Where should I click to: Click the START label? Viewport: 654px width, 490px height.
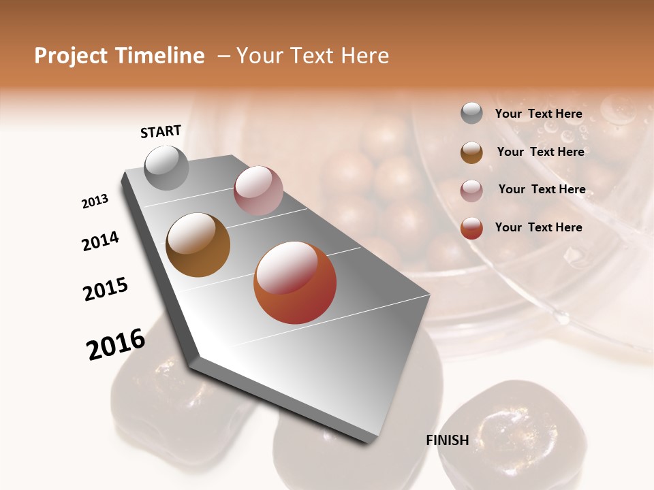click(161, 131)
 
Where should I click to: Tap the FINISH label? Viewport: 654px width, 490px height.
click(447, 440)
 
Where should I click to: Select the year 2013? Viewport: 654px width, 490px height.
click(95, 201)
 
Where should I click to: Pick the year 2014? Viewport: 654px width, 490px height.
click(100, 241)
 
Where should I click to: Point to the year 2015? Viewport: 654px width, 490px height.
click(106, 289)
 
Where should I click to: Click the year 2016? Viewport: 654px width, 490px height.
click(116, 344)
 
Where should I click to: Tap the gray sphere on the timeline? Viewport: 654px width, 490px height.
click(166, 167)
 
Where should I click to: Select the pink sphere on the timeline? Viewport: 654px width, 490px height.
click(258, 191)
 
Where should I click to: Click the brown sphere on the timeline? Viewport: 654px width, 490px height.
click(198, 244)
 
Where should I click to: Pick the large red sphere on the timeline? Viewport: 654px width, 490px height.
click(295, 282)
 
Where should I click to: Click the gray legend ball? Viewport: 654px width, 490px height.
click(471, 114)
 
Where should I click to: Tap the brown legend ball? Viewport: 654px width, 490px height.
click(471, 152)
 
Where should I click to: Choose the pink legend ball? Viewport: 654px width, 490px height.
click(471, 190)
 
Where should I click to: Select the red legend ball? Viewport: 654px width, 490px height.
click(471, 228)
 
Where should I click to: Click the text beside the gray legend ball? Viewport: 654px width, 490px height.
click(538, 114)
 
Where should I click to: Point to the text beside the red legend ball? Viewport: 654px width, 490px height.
click(538, 227)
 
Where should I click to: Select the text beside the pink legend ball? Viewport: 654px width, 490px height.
click(542, 189)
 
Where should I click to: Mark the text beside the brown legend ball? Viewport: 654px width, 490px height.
click(540, 152)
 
